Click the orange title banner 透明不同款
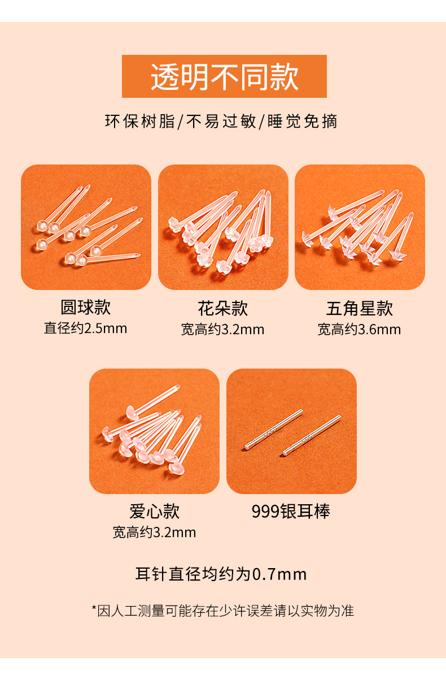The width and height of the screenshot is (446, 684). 224,76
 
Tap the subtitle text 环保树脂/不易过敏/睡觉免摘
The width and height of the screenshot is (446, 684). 221,121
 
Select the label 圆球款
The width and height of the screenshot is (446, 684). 85,307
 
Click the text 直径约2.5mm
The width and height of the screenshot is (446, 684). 85,328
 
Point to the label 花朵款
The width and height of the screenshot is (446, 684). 222,308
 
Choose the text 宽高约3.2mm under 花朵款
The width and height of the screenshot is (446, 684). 222,330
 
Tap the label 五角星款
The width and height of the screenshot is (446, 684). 360,308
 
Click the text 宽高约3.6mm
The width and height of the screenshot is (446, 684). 360,330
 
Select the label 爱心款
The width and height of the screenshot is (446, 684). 154,511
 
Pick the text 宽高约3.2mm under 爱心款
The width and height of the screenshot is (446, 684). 154,533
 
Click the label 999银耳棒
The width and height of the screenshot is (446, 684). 291,511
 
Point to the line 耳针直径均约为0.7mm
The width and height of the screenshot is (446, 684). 221,574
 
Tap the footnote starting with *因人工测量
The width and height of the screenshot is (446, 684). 223,611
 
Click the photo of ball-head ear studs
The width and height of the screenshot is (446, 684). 86,227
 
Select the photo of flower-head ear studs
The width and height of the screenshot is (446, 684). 223,227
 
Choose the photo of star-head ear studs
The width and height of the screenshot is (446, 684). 360,227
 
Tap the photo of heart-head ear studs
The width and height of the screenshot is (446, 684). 154,431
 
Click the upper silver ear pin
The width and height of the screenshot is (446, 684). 274,429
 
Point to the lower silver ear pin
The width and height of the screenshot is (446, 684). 312,435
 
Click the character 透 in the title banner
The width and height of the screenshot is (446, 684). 165,77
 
